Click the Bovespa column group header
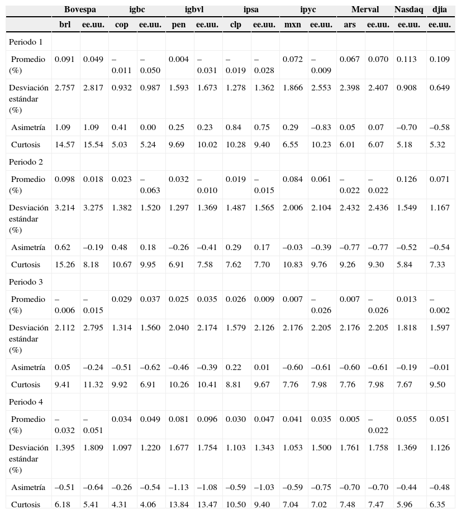pos(80,9)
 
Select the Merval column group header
pos(365,9)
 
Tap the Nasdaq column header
pos(410,9)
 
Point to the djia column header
pos(439,9)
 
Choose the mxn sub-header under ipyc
pos(292,25)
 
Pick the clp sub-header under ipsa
pos(236,25)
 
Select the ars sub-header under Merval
pos(350,25)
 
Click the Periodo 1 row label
pos(26,42)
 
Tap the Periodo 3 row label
pos(26,282)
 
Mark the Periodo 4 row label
pos(26,402)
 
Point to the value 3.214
pos(64,208)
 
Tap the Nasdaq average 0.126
pos(406,179)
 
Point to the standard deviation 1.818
pos(406,328)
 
